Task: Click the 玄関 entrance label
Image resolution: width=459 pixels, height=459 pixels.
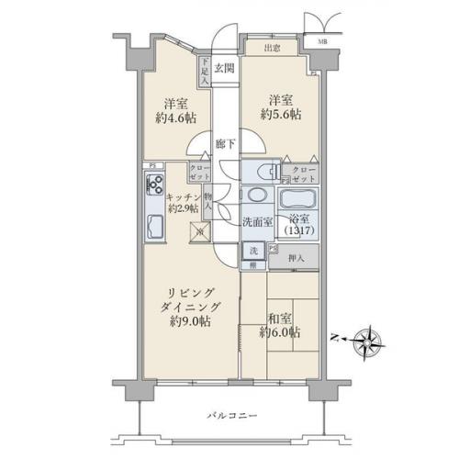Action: [x=226, y=66]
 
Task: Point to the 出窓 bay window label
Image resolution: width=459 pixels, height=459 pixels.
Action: [x=272, y=48]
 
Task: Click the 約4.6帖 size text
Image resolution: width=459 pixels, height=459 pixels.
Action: [x=174, y=118]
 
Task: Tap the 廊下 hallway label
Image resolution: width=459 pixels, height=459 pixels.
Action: [x=226, y=144]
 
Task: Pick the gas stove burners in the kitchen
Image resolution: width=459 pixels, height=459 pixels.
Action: [x=151, y=187]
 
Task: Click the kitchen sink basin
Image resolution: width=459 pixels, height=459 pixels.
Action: [x=153, y=229]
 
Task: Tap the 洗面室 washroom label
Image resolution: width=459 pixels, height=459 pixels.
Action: [x=257, y=222]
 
